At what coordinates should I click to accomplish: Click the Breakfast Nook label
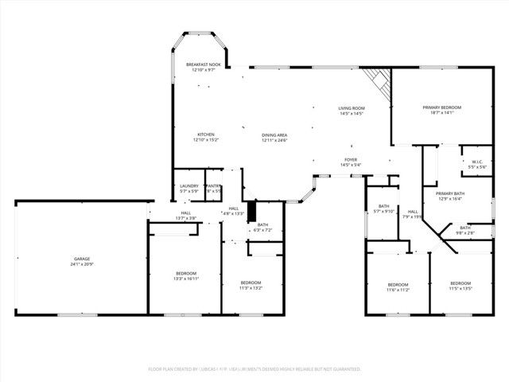[x=203, y=67]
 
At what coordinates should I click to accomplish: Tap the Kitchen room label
[x=206, y=137]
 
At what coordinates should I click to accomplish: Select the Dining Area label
[x=274, y=137]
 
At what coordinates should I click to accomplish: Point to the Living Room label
[x=351, y=111]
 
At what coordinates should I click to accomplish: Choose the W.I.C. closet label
[x=477, y=165]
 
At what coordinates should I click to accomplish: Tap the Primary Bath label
[x=449, y=197]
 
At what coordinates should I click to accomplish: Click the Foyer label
[x=351, y=162]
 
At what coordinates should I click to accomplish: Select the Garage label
[x=82, y=260]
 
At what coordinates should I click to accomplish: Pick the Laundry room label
[x=189, y=189]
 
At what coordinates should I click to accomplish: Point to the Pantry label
[x=214, y=189]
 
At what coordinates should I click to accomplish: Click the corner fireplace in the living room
[x=379, y=80]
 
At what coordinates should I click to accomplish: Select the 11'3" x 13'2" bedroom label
[x=251, y=285]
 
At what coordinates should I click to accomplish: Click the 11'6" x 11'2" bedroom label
[x=398, y=287]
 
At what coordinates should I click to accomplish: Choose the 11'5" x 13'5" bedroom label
[x=460, y=286]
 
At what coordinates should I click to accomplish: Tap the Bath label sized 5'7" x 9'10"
[x=384, y=209]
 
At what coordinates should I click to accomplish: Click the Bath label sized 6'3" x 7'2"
[x=262, y=227]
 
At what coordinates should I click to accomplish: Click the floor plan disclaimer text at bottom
[x=254, y=369]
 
